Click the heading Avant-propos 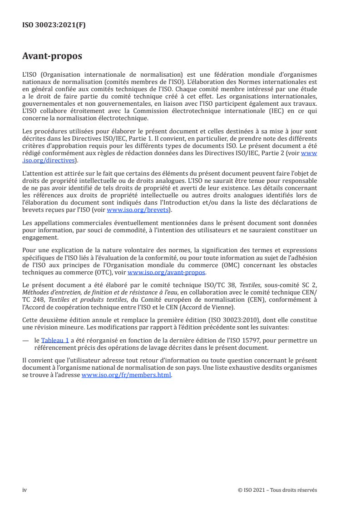tap(52, 57)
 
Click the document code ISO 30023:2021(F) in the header tap(54, 25)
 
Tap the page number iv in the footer tap(25, 490)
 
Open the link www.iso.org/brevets tap(137, 210)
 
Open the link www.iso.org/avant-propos tap(167, 273)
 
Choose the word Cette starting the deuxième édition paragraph tap(30, 320)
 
